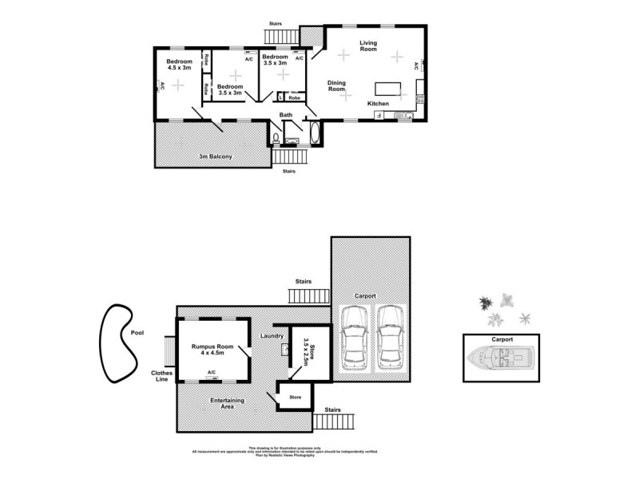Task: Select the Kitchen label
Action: click(378, 105)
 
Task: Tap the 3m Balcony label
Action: click(215, 156)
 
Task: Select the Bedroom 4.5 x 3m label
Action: click(179, 65)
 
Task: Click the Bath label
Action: click(286, 116)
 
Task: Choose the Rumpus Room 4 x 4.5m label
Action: click(212, 350)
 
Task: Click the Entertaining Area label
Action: click(227, 403)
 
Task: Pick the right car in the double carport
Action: click(390, 338)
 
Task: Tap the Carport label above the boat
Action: click(502, 339)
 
